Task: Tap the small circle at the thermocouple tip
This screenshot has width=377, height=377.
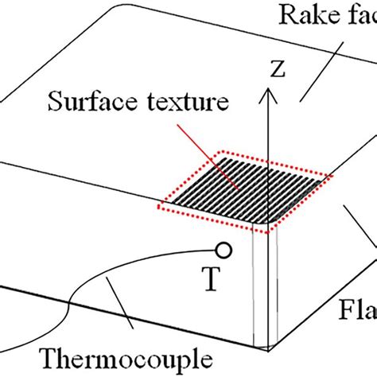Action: [x=224, y=251]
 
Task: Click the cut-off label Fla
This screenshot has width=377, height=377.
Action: [x=358, y=306]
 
